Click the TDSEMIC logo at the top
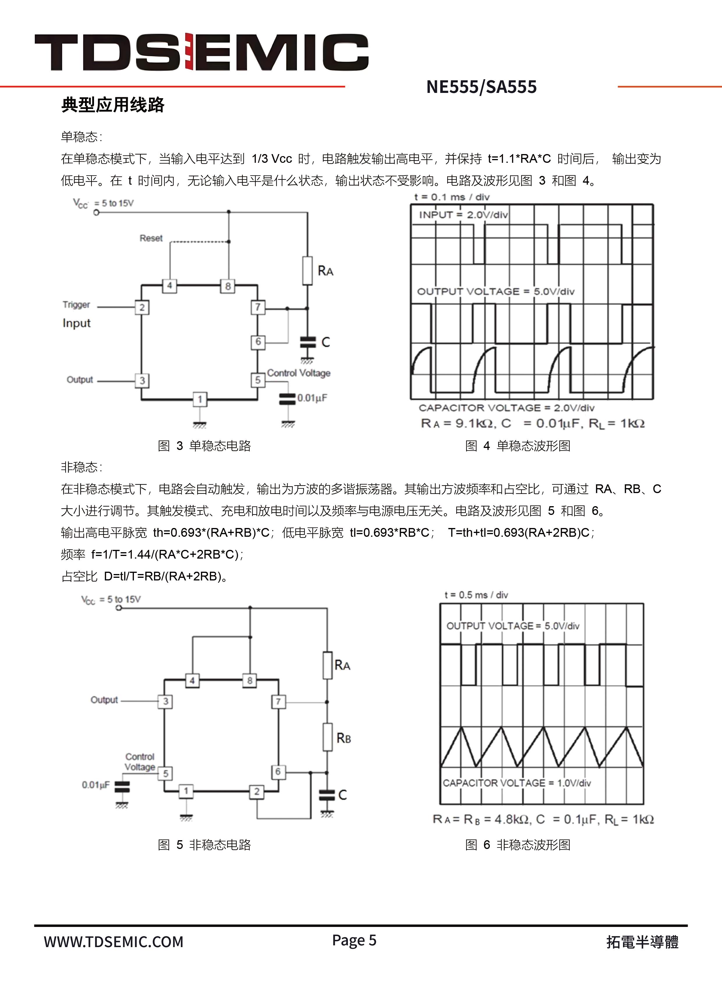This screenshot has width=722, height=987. click(201, 52)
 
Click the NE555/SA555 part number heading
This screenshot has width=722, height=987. click(481, 87)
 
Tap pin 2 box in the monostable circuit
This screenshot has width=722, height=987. click(142, 307)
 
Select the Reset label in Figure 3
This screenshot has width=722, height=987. click(151, 238)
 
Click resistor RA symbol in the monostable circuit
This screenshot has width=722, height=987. click(308, 271)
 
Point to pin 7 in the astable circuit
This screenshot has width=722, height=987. click(278, 702)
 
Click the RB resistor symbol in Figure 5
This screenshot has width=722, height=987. click(327, 737)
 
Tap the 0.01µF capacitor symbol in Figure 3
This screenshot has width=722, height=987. click(287, 398)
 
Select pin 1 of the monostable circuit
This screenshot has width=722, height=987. click(200, 399)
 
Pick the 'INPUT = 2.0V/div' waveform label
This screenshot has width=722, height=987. click(463, 215)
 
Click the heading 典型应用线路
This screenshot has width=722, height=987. click(113, 105)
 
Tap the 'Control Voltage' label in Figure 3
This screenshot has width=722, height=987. click(298, 373)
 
